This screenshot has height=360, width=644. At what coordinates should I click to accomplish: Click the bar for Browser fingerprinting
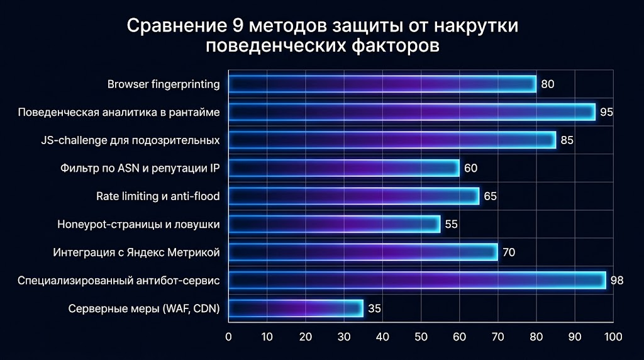(x=382, y=84)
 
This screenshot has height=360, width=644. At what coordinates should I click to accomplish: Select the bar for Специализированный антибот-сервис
(x=416, y=280)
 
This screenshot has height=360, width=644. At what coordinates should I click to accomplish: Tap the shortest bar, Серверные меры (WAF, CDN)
(x=296, y=308)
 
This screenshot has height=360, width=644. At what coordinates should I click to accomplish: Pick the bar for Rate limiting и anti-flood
(x=353, y=196)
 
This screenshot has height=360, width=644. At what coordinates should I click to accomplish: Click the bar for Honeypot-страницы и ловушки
(x=334, y=224)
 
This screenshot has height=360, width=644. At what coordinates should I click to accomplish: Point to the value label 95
(x=606, y=113)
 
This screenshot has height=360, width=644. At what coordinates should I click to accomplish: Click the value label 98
(x=616, y=281)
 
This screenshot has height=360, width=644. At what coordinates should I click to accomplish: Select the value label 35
(x=374, y=309)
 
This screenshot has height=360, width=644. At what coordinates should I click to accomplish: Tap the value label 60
(x=470, y=169)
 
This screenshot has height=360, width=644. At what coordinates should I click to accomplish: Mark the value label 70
(x=509, y=253)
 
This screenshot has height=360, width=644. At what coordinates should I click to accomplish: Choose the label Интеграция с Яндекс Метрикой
(x=136, y=252)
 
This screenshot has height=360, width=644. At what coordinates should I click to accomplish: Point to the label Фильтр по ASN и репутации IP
(x=140, y=168)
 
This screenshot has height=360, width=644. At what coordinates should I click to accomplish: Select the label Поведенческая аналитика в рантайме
(x=119, y=113)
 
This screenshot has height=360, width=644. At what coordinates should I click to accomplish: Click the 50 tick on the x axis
(x=421, y=336)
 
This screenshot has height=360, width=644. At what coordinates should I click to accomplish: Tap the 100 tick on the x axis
(x=612, y=336)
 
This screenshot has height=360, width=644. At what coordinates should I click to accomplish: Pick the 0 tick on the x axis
(x=229, y=336)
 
